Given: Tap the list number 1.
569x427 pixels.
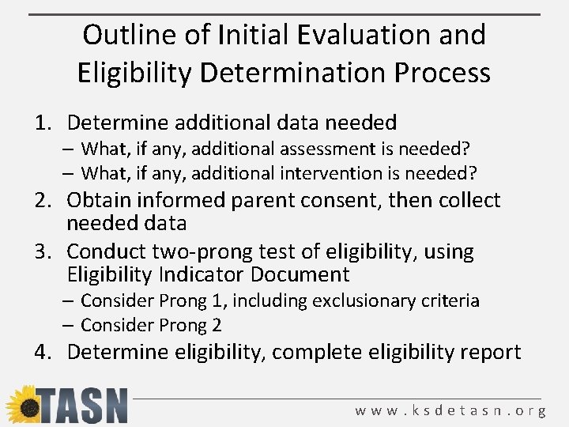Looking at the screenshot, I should [x=43, y=123].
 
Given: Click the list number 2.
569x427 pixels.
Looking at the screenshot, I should [x=43, y=200].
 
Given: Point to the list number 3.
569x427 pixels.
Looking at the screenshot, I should [x=43, y=252].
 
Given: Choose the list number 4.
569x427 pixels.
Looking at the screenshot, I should [x=43, y=351].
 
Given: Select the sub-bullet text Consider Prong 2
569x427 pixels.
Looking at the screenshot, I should [x=151, y=324].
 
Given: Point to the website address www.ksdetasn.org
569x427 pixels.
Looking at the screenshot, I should [x=450, y=410].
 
